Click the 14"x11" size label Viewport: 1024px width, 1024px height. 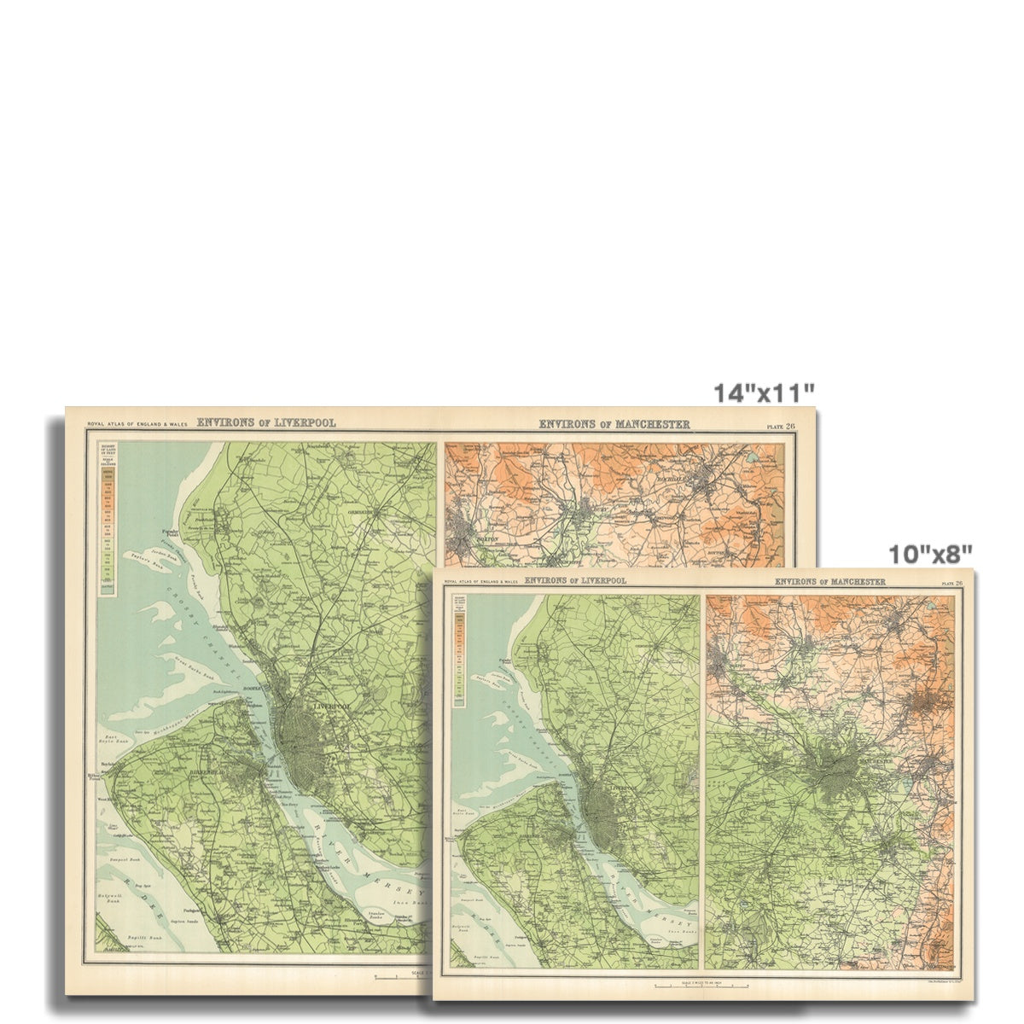pos(764,393)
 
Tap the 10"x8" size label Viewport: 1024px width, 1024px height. pos(929,554)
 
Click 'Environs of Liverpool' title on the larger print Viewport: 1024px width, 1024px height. pos(267,422)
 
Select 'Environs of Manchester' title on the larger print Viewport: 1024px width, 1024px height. pos(614,424)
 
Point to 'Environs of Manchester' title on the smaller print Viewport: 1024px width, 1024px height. pos(829,582)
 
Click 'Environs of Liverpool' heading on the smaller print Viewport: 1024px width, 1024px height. pos(575,580)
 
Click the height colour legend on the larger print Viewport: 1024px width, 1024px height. pos(108,521)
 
